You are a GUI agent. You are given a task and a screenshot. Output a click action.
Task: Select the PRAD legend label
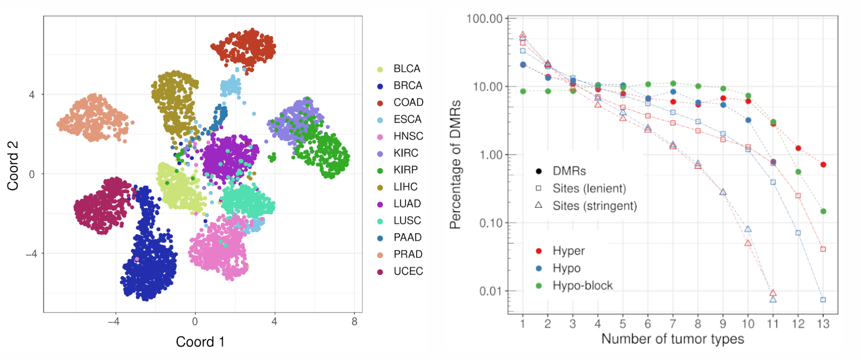point(407,254)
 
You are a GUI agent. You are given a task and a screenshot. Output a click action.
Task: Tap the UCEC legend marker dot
point(380,272)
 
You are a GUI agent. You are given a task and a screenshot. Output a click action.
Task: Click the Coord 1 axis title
point(200,342)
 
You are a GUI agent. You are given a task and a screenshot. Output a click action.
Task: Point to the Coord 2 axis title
point(12,165)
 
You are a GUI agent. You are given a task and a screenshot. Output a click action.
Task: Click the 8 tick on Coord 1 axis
point(354,322)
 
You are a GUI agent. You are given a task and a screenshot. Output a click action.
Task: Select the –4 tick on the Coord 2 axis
point(31,254)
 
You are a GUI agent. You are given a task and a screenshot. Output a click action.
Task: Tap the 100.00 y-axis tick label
point(484,19)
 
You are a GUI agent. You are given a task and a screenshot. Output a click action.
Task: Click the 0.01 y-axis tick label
point(491,291)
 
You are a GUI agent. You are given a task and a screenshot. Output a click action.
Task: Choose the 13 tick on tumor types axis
point(823,324)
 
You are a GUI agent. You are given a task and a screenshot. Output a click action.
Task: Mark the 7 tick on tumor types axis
point(672,324)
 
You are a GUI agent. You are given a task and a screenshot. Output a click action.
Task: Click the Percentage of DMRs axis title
point(455,165)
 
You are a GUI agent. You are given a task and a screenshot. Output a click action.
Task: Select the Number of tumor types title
point(672,339)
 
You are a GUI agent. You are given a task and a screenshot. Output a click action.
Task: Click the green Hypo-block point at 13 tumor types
point(823,212)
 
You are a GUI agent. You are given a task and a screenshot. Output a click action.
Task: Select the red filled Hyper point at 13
point(823,165)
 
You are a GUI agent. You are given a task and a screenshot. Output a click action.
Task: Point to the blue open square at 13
point(823,300)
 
